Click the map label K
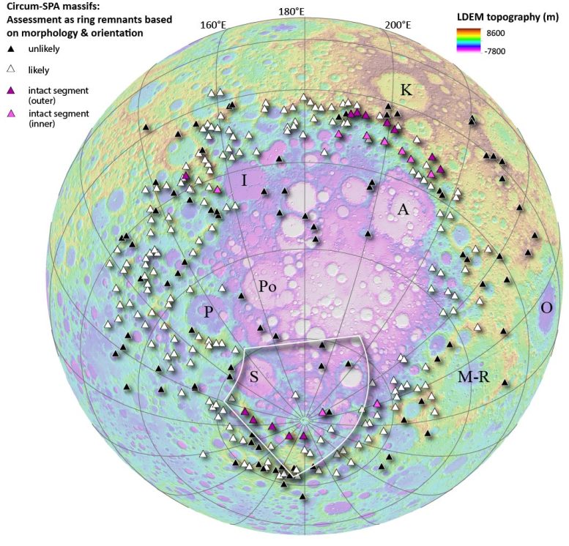(x=405, y=91)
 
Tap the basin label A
(x=402, y=210)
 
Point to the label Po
(x=267, y=287)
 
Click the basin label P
(x=208, y=313)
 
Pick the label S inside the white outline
(x=253, y=376)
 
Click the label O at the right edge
(x=546, y=307)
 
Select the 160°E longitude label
(x=212, y=25)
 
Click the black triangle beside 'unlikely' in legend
(x=11, y=49)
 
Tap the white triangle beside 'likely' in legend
(x=11, y=70)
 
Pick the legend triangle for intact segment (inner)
(x=11, y=115)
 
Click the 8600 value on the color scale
(x=516, y=34)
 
